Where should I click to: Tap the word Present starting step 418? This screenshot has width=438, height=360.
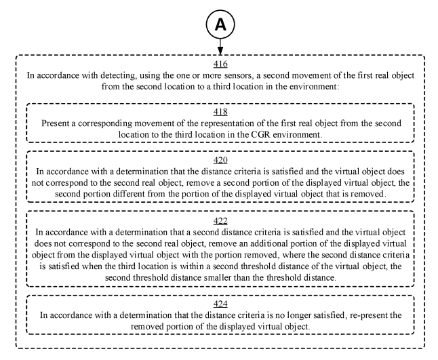pyautogui.click(x=58, y=124)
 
